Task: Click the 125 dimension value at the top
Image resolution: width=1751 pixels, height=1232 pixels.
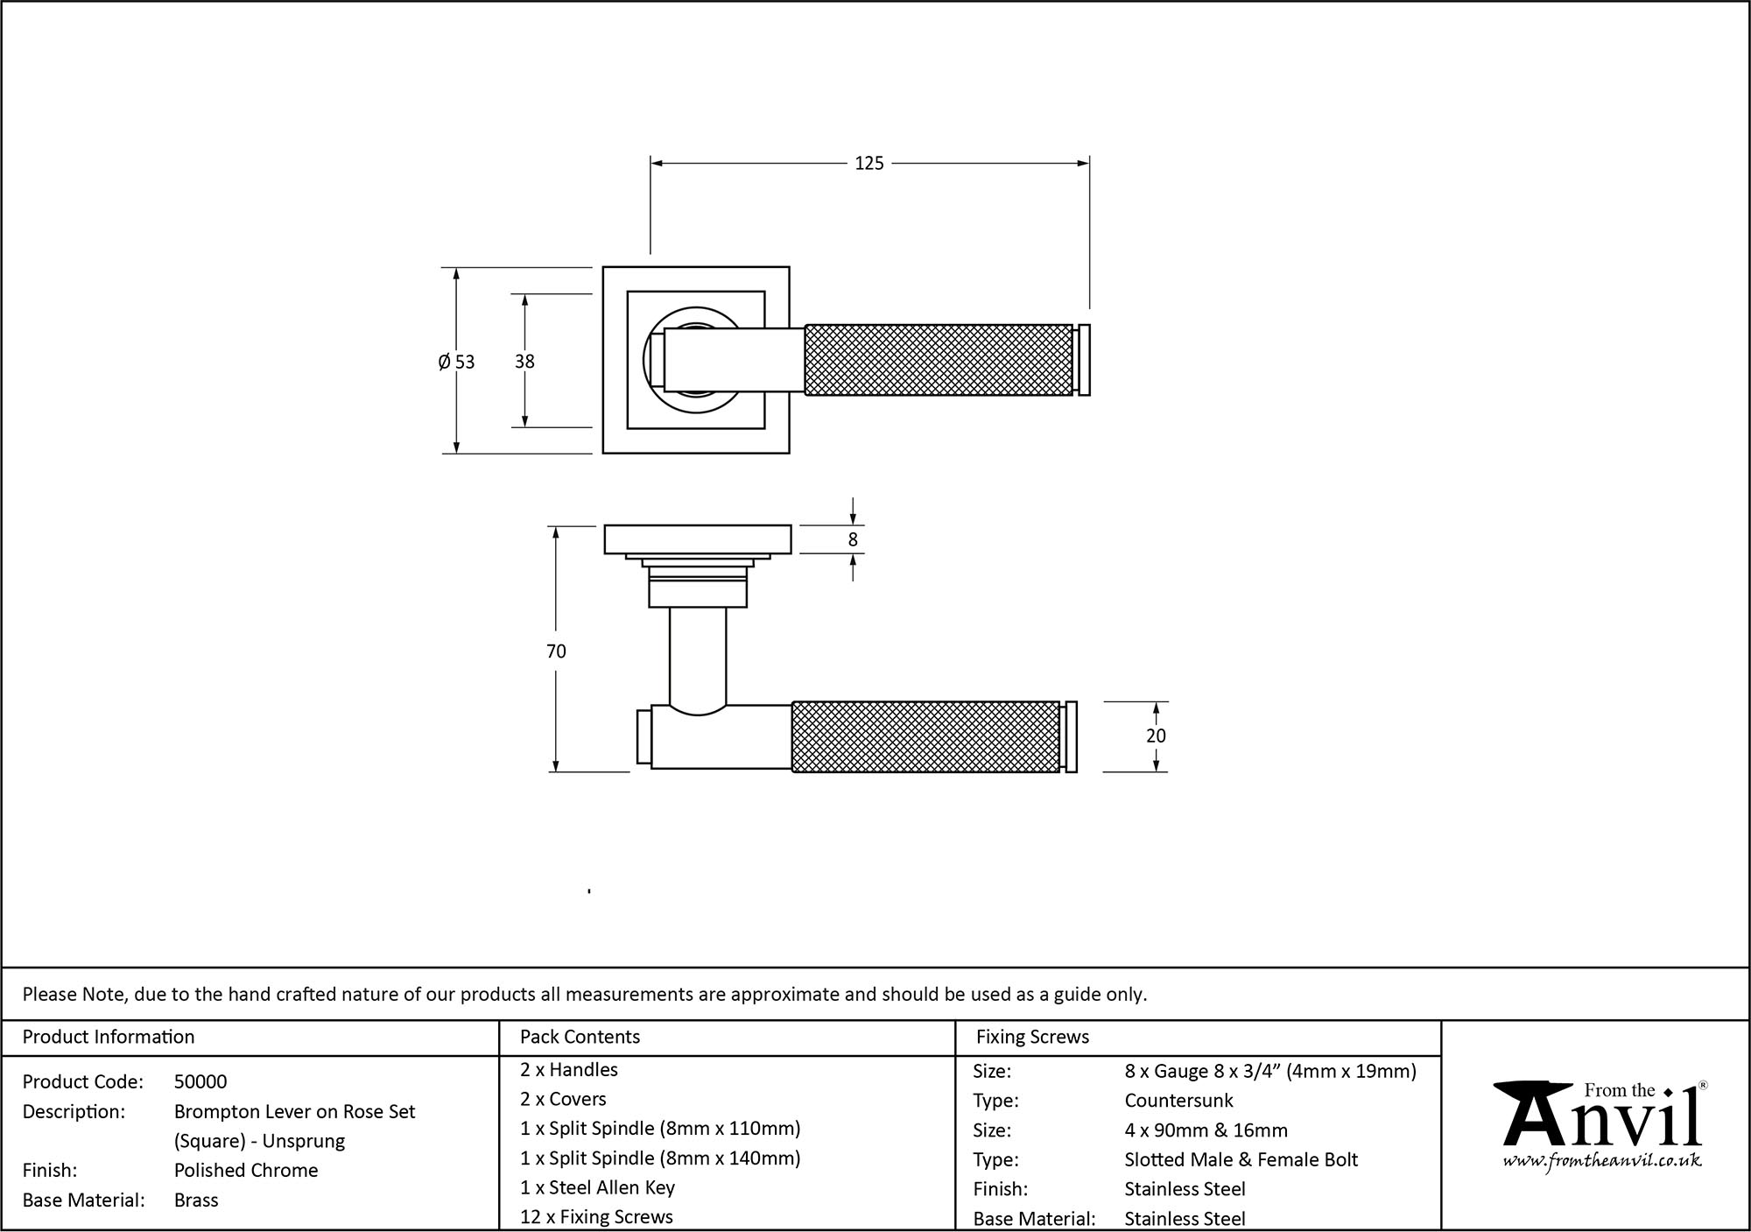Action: [x=868, y=164]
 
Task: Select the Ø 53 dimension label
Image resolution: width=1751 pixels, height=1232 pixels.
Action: [x=456, y=362]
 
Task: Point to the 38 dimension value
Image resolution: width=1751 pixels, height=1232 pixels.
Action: [x=524, y=362]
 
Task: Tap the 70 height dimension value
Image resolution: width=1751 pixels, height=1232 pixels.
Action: [x=556, y=651]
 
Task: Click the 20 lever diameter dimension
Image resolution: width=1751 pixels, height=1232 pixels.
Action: [x=1156, y=736]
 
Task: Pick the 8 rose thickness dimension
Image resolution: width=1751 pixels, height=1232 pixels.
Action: [x=853, y=540]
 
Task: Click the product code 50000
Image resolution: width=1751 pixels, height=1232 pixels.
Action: [x=200, y=1082]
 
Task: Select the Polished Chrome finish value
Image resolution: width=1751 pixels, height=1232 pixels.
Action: [x=246, y=1171]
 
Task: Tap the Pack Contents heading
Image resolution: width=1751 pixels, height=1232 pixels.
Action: [x=580, y=1038]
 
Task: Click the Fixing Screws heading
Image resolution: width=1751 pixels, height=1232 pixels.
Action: [x=1032, y=1038]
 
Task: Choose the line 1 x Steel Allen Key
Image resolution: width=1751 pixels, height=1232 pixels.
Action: [x=597, y=1188]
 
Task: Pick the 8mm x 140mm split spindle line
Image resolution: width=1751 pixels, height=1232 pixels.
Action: [x=660, y=1158]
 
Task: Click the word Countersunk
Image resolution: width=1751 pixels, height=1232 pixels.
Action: [x=1178, y=1101]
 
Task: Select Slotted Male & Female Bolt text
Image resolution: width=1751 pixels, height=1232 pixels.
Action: [x=1241, y=1160]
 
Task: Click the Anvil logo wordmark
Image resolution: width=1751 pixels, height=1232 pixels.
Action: [x=1602, y=1121]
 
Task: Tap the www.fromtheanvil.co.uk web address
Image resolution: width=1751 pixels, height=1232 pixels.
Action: [x=1602, y=1162]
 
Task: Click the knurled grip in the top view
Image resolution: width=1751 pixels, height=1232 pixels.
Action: [x=938, y=360]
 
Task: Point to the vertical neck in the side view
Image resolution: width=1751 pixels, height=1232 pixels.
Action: [x=697, y=657]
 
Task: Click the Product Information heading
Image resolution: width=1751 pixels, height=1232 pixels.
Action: [x=109, y=1038]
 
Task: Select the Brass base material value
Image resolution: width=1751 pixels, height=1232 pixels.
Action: [x=196, y=1200]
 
